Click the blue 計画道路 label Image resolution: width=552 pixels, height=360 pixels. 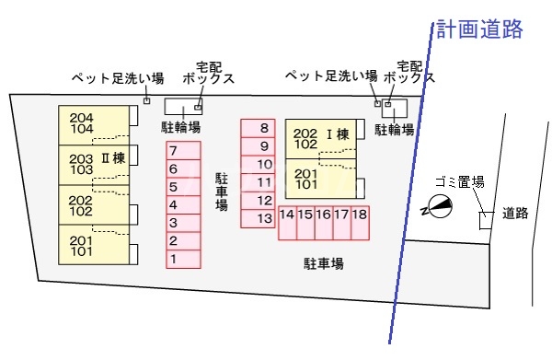pyautogui.click(x=479, y=29)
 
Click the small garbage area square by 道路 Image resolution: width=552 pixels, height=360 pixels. pyautogui.click(x=486, y=220)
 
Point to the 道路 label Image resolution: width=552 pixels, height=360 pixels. pyautogui.click(x=516, y=214)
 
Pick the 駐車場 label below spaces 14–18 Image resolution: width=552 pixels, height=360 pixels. pyautogui.click(x=324, y=264)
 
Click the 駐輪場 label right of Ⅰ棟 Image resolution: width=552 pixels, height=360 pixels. pyautogui.click(x=393, y=130)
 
